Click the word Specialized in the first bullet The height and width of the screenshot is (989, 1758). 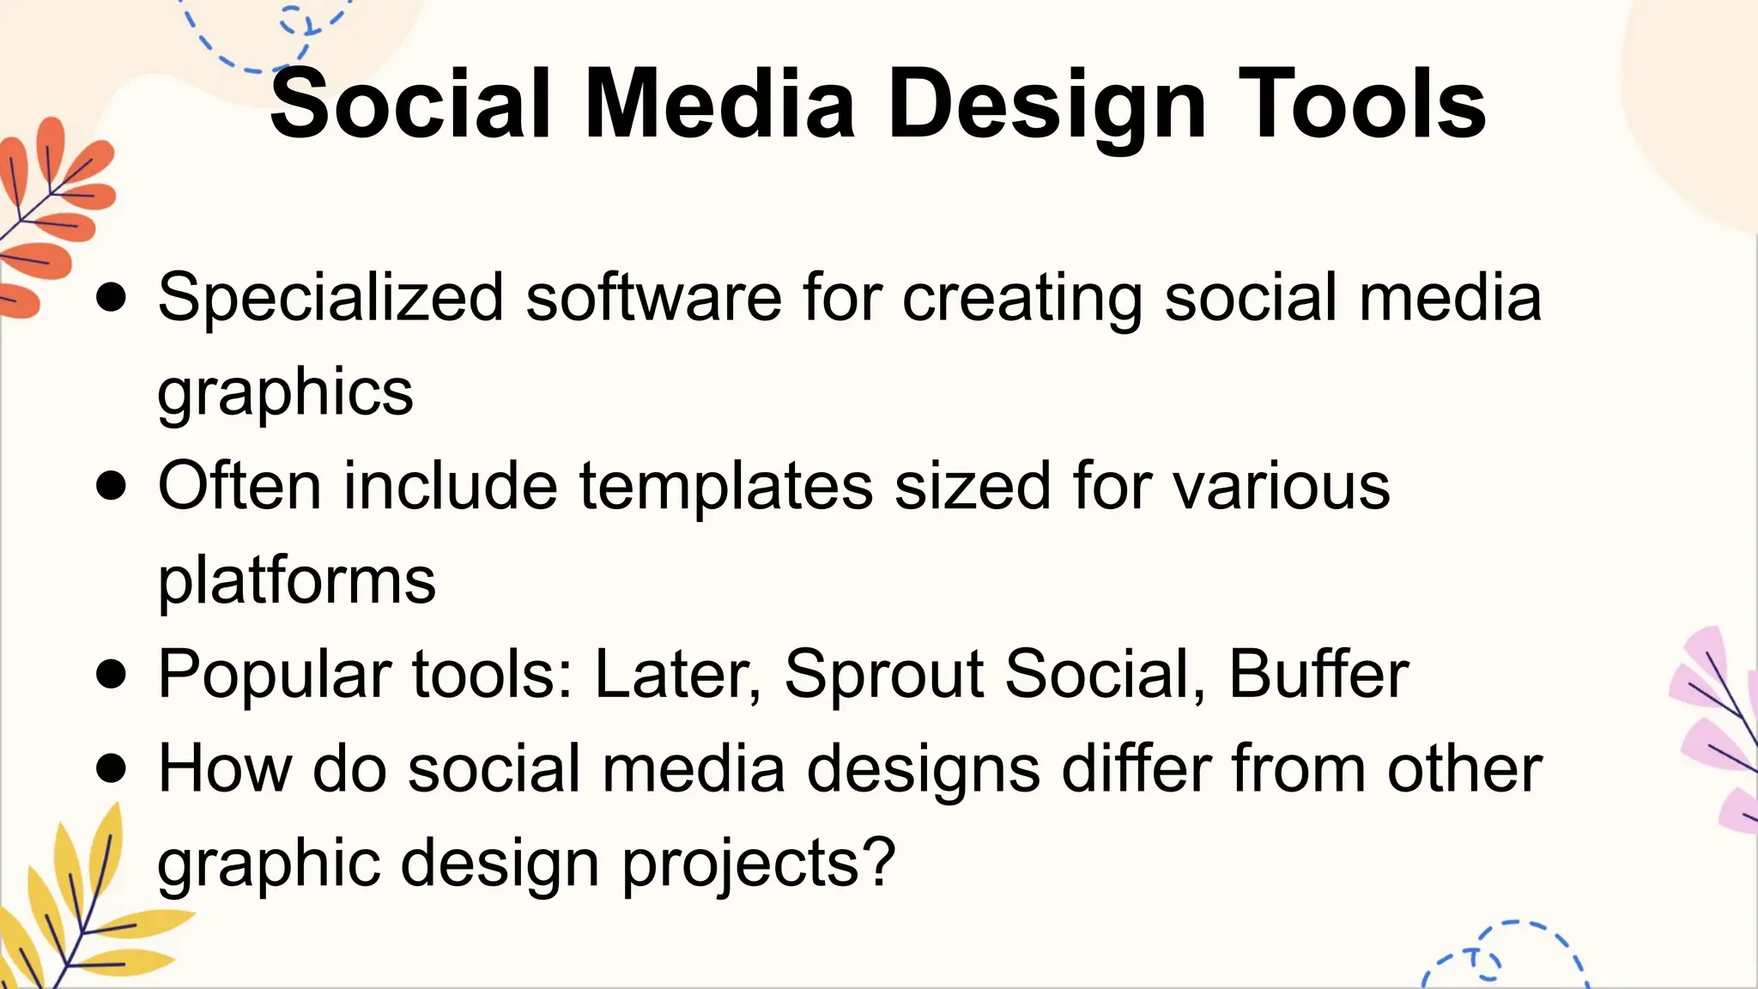click(330, 298)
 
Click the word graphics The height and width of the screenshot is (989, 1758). click(285, 393)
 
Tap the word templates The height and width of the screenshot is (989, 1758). click(725, 487)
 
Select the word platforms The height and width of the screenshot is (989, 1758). click(297, 582)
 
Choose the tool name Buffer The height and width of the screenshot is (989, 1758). click(1318, 675)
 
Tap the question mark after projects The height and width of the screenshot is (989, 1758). click(879, 862)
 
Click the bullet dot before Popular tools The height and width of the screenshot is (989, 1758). click(112, 675)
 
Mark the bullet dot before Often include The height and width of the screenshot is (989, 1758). click(112, 487)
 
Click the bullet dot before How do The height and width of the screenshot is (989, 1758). click(112, 768)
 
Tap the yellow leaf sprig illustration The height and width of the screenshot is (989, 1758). click(82, 910)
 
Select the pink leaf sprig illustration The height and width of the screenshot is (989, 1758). click(1717, 730)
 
